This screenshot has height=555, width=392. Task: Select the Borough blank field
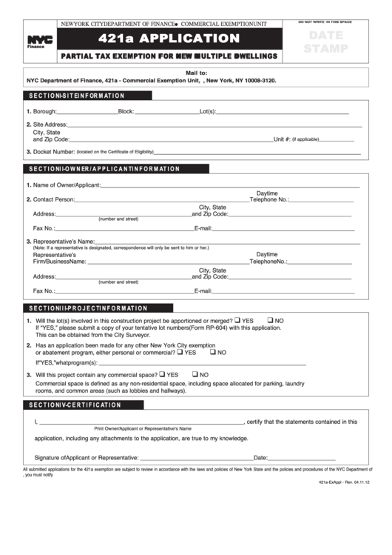[x=88, y=111]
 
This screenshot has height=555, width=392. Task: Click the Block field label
[x=126, y=111]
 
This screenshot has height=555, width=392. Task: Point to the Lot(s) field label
[x=207, y=111]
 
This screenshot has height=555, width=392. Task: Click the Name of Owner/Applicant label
[x=66, y=185]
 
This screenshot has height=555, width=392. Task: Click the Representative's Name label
[x=63, y=242]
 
